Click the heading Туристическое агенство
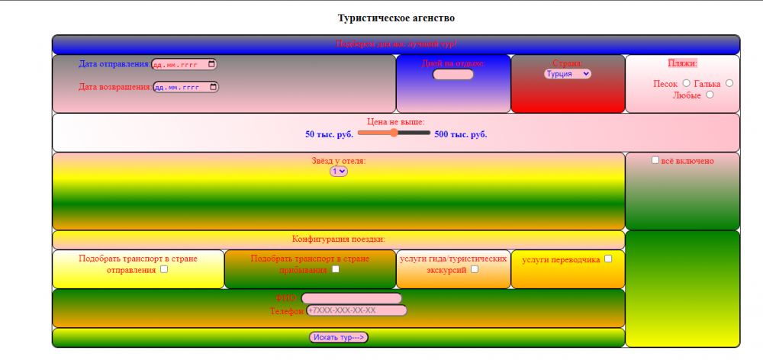point(396,18)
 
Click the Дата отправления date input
point(184,64)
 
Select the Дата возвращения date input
point(185,87)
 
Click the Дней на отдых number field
point(453,75)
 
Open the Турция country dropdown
point(567,74)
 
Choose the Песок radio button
point(686,83)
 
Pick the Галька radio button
point(729,83)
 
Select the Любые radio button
point(710,95)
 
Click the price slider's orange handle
point(394,133)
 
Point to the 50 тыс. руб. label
point(329,134)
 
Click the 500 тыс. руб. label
point(461,134)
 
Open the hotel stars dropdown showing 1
point(338,172)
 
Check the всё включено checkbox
point(655,160)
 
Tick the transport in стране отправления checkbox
point(164,269)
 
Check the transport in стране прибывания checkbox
point(336,269)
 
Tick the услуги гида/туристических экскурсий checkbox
point(475,269)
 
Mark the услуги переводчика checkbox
point(608,259)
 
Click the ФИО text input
point(352,298)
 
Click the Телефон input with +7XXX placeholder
point(356,310)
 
